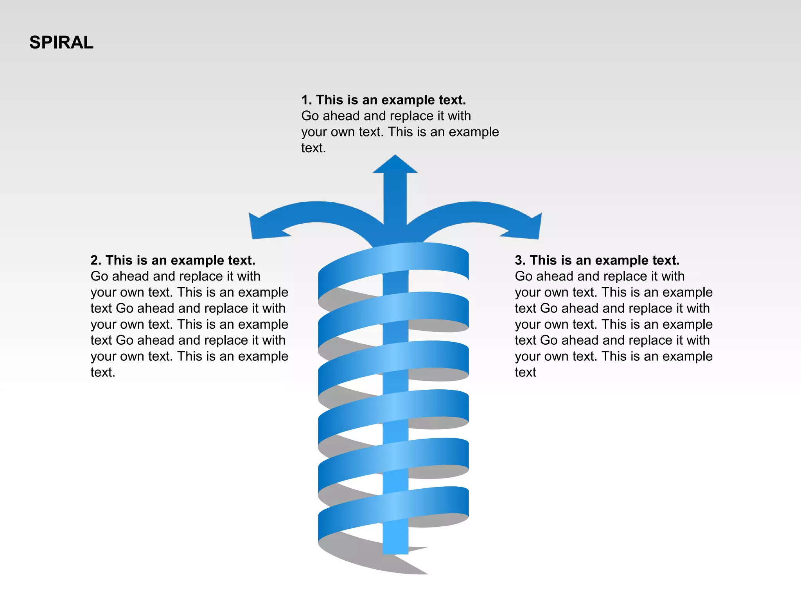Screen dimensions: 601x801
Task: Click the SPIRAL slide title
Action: point(61,42)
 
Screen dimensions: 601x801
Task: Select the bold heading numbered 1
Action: point(383,100)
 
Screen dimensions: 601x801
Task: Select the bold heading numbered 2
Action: point(173,260)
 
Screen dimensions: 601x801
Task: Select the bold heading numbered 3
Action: point(597,260)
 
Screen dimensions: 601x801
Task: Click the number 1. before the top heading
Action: point(306,100)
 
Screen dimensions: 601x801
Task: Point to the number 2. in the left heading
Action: point(96,260)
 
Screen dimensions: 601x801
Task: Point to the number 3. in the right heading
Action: point(520,260)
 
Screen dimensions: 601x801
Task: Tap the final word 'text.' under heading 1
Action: point(313,148)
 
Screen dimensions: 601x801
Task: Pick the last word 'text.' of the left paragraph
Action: point(103,372)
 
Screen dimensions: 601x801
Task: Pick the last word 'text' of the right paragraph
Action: point(525,372)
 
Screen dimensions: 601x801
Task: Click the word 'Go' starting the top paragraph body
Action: point(310,116)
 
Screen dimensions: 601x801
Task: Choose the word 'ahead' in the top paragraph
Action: point(341,116)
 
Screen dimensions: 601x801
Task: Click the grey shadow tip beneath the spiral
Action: point(424,572)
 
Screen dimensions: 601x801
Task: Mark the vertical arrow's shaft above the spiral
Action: point(395,200)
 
